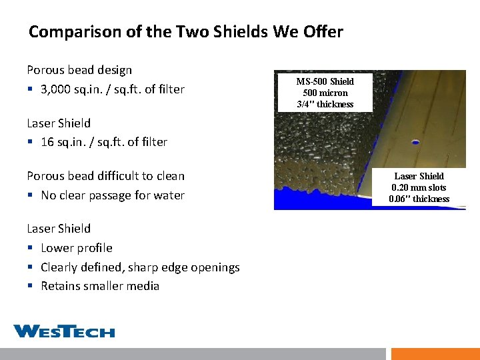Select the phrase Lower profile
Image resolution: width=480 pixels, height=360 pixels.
point(76,248)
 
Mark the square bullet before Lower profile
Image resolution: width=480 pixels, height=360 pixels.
point(30,249)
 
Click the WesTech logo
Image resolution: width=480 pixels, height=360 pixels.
point(64,331)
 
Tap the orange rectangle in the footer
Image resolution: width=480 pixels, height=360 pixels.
point(435,354)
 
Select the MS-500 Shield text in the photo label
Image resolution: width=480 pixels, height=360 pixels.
point(325,81)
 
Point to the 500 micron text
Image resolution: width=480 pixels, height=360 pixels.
point(325,93)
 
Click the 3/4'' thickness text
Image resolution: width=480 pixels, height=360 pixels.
point(325,104)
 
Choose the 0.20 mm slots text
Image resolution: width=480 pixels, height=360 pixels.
point(419,187)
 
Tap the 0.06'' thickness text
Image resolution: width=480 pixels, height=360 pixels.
point(419,199)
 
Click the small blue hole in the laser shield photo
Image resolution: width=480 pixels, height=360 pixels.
point(416,142)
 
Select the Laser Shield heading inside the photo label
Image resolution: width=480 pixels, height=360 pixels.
point(419,176)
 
